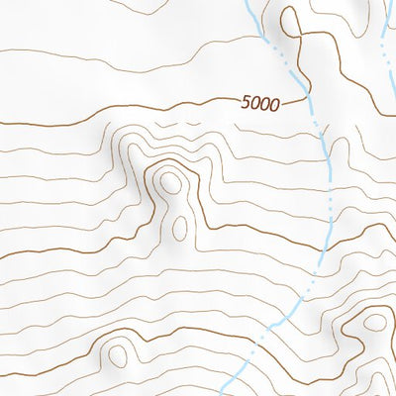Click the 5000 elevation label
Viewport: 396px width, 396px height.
point(260,102)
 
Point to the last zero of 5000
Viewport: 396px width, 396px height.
point(275,104)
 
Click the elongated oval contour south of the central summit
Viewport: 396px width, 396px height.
point(180,228)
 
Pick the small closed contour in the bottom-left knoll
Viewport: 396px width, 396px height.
point(120,353)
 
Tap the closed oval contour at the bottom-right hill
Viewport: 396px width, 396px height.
point(374,322)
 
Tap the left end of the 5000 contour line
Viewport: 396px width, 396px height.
point(3,123)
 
